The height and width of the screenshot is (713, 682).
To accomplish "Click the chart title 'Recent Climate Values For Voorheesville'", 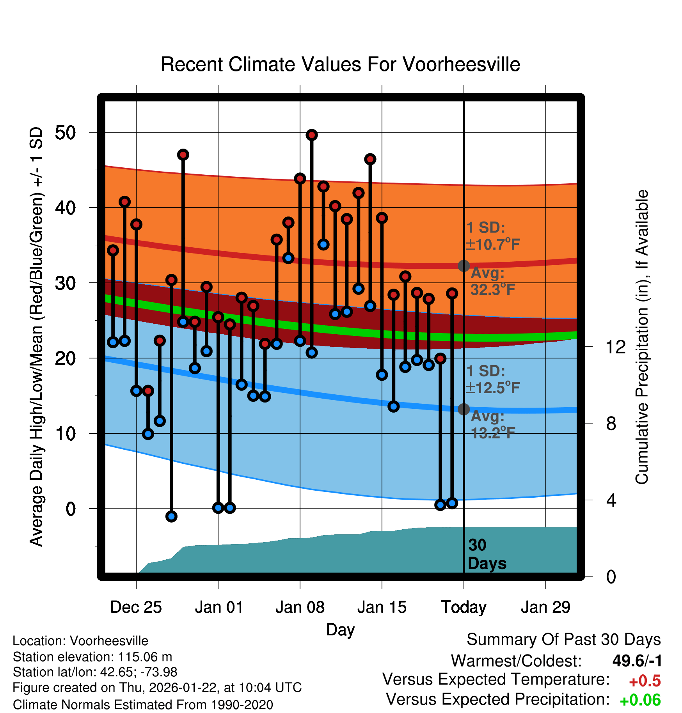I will point(340,64).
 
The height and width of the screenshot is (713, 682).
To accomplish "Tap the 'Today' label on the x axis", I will point(464,607).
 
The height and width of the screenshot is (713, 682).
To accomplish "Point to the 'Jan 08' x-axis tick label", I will point(300,607).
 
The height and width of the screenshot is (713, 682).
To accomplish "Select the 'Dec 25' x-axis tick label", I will point(136,607).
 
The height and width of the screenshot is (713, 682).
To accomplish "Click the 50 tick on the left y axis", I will point(66,133).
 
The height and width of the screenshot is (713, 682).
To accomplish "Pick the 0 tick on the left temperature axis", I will point(71,509).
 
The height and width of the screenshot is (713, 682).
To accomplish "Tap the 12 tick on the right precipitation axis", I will point(616,347).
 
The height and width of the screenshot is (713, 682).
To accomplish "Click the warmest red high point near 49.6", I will point(311,135).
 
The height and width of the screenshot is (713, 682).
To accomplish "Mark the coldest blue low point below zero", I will point(171,516).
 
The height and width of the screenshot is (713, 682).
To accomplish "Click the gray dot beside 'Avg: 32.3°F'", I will point(464,266).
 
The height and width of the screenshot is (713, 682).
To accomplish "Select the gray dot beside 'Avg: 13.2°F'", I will point(464,409).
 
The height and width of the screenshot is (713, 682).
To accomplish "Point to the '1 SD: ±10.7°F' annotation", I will point(492,236).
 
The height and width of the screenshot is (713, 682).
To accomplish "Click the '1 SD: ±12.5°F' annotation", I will point(492,380).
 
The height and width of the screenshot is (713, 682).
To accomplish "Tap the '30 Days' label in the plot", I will point(487,554).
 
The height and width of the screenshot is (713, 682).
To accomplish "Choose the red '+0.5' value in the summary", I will point(645,681).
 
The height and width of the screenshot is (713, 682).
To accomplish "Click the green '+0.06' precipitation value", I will point(640,700).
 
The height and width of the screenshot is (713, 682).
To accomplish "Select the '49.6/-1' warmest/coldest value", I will point(637,661).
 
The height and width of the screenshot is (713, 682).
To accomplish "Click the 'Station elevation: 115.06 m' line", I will point(92,657).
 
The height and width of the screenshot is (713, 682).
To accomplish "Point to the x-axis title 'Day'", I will point(340,630).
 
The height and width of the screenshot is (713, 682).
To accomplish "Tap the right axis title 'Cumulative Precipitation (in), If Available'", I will point(642,337).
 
